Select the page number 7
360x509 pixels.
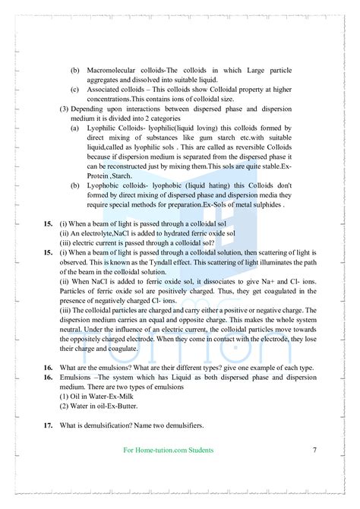[314, 450]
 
